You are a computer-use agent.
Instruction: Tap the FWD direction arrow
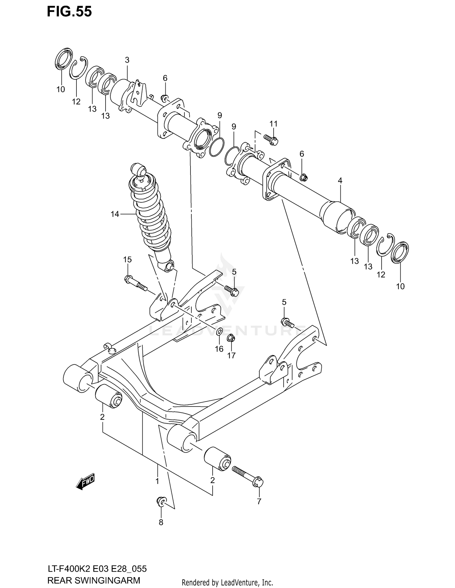[x=86, y=481]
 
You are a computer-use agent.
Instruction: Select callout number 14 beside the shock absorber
[x=115, y=214]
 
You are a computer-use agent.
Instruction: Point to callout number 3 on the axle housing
[x=127, y=60]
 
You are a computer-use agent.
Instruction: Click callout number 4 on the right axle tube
[x=340, y=181]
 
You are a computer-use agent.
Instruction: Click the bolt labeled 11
[x=271, y=139]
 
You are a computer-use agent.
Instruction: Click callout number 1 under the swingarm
[x=157, y=481]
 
